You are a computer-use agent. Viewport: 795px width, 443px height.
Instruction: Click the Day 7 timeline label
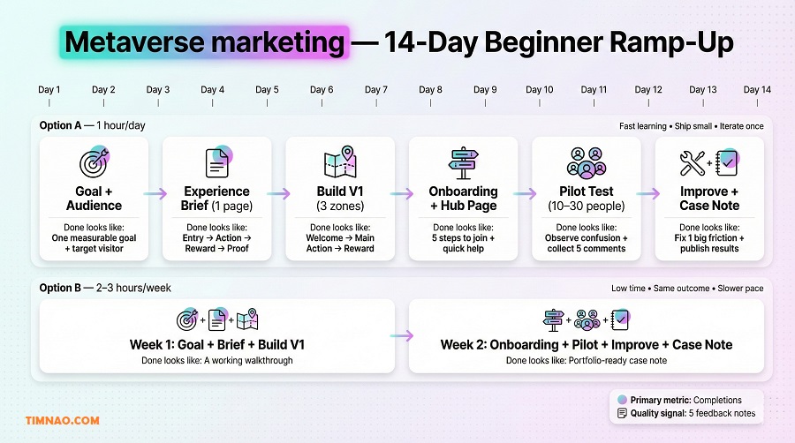click(x=376, y=89)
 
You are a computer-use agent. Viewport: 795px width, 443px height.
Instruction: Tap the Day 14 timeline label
click(x=757, y=89)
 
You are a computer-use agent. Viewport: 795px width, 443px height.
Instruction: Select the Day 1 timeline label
click(x=49, y=89)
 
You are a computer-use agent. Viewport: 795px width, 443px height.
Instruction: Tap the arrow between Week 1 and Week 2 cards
click(x=402, y=335)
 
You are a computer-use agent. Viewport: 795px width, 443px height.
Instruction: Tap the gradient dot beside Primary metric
click(x=622, y=400)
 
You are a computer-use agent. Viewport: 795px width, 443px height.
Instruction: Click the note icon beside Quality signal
click(x=622, y=413)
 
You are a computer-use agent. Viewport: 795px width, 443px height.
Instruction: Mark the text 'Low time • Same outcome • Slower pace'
click(x=687, y=289)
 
